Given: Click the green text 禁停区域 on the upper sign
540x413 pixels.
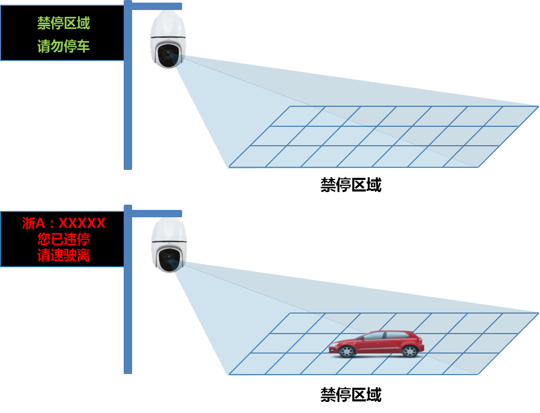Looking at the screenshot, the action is click(x=64, y=23).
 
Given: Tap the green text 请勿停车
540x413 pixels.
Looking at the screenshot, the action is click(x=64, y=46).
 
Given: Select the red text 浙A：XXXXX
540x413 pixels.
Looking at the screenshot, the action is click(x=64, y=223).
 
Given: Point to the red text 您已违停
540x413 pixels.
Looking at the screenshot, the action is click(x=64, y=239).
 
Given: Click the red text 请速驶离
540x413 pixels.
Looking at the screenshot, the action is click(x=64, y=255).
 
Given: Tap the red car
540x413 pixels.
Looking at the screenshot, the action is click(x=376, y=344).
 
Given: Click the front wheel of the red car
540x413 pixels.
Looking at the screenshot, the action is click(x=346, y=351).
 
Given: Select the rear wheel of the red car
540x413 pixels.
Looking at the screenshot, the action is click(x=409, y=351).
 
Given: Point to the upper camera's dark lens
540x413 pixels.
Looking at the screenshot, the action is click(x=168, y=54).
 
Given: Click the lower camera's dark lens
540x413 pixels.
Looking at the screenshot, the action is click(x=168, y=259).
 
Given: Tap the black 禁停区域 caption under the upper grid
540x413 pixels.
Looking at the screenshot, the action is click(x=351, y=185).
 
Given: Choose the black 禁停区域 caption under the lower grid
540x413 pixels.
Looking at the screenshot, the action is click(x=351, y=395).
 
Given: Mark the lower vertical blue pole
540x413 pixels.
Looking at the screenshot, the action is click(x=128, y=289).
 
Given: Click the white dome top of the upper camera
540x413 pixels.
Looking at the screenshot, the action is click(x=168, y=24).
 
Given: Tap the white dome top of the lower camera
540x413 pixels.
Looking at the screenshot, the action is click(x=169, y=230).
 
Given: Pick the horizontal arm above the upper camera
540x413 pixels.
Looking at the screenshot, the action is click(x=157, y=6).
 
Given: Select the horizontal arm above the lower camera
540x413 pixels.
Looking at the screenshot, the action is click(x=157, y=214).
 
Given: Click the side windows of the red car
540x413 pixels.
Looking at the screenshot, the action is click(x=386, y=335).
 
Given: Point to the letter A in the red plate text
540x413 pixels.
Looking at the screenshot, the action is click(x=40, y=224).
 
